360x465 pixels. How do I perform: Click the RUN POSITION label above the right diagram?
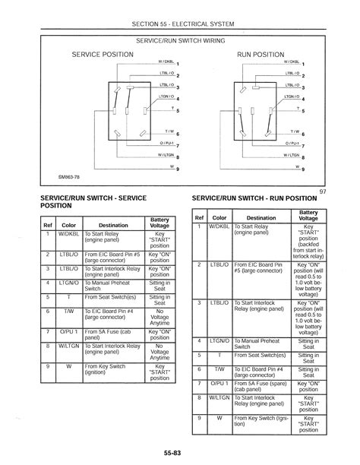[260, 55]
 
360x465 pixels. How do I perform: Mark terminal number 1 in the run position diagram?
[303, 64]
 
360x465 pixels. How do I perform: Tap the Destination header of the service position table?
[113, 225]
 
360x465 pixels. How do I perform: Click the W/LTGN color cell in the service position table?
[69, 346]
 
